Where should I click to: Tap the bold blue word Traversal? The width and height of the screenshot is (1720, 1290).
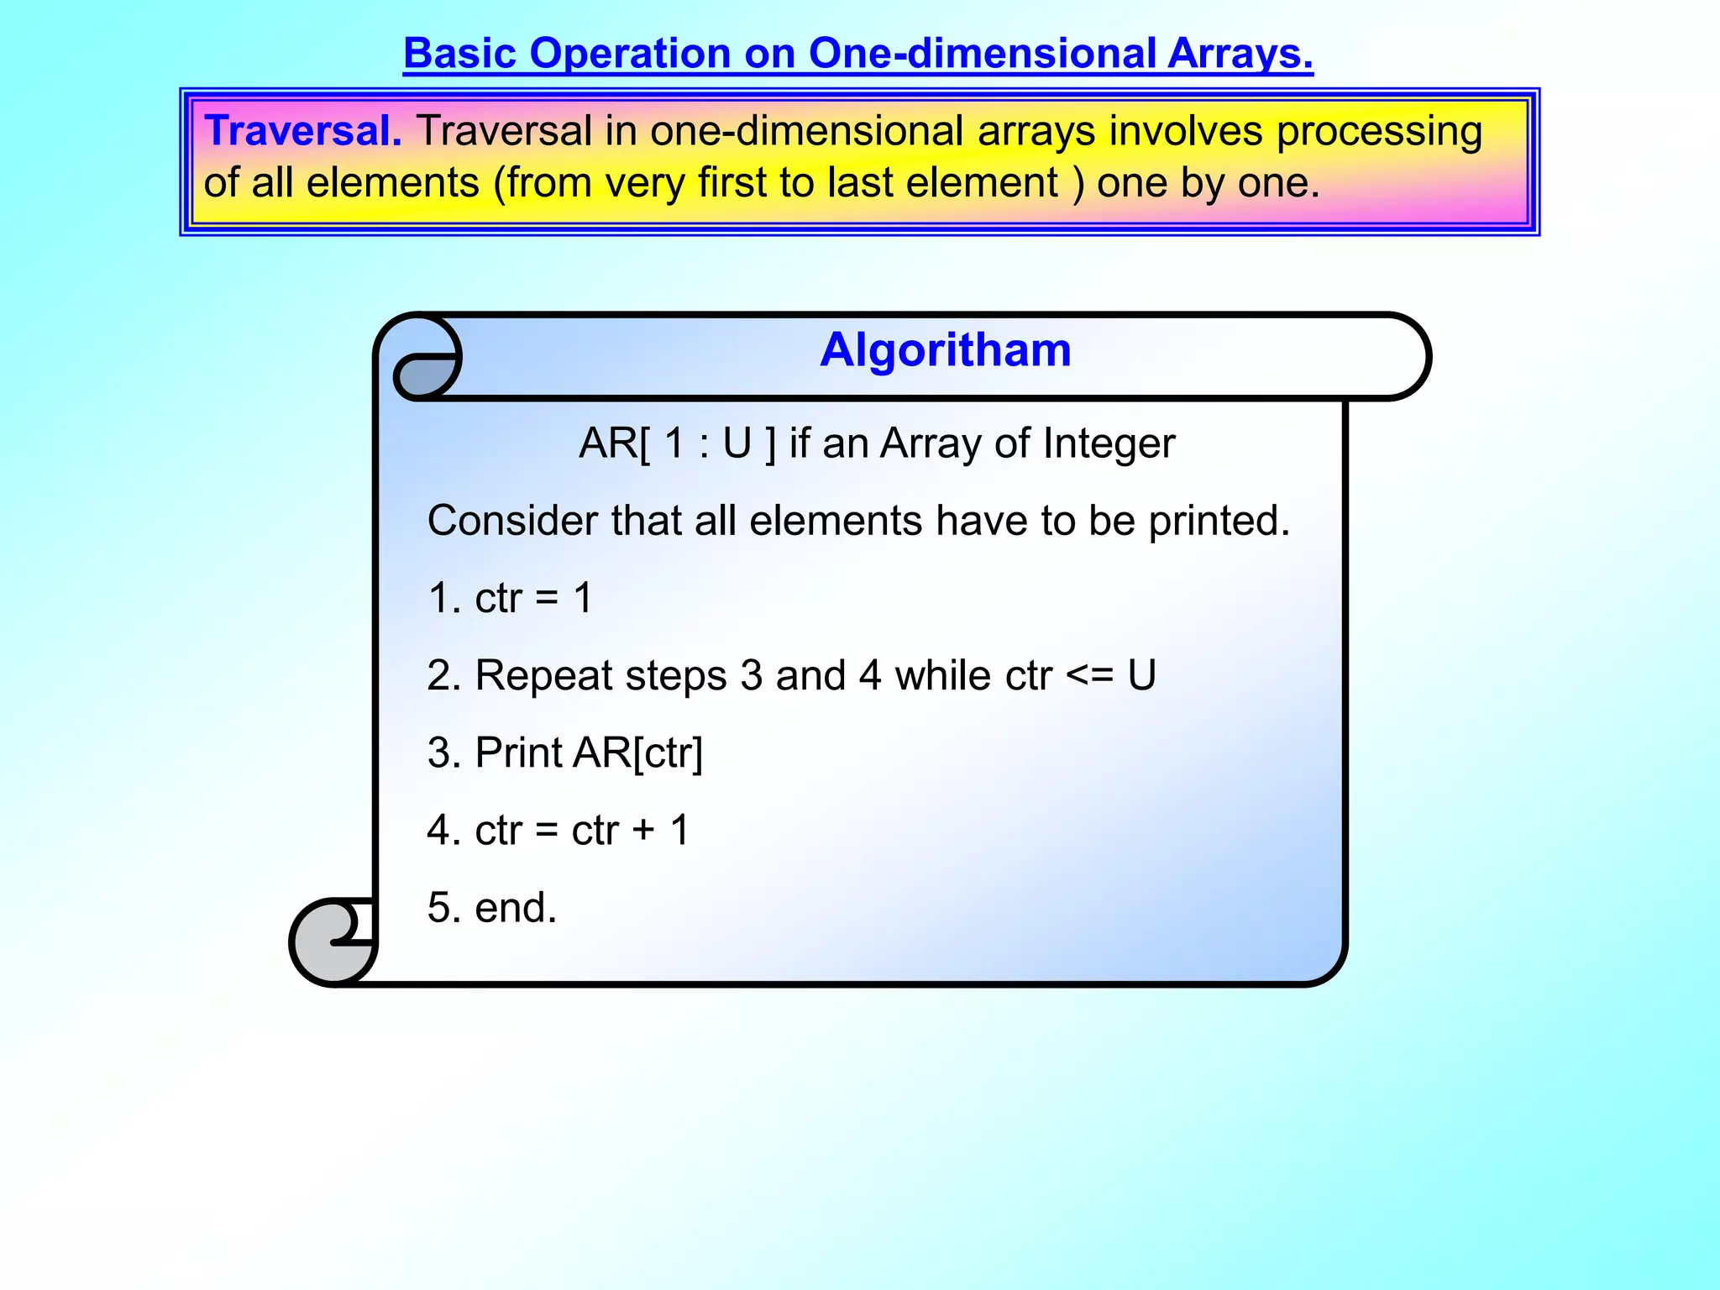(x=303, y=131)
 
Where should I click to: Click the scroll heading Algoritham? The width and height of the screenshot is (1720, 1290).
(x=945, y=350)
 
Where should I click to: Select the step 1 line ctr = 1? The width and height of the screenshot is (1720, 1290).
(x=510, y=598)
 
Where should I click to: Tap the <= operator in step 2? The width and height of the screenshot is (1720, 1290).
(x=1089, y=676)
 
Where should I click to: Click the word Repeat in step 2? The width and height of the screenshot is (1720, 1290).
(x=543, y=676)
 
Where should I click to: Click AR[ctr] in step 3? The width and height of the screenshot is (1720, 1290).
(x=638, y=753)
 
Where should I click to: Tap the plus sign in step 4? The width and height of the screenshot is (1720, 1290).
(x=644, y=831)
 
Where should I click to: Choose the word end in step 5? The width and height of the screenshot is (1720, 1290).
(x=514, y=908)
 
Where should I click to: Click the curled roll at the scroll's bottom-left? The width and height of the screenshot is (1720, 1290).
(x=333, y=942)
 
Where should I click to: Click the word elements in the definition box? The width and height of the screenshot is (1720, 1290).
(x=392, y=184)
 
